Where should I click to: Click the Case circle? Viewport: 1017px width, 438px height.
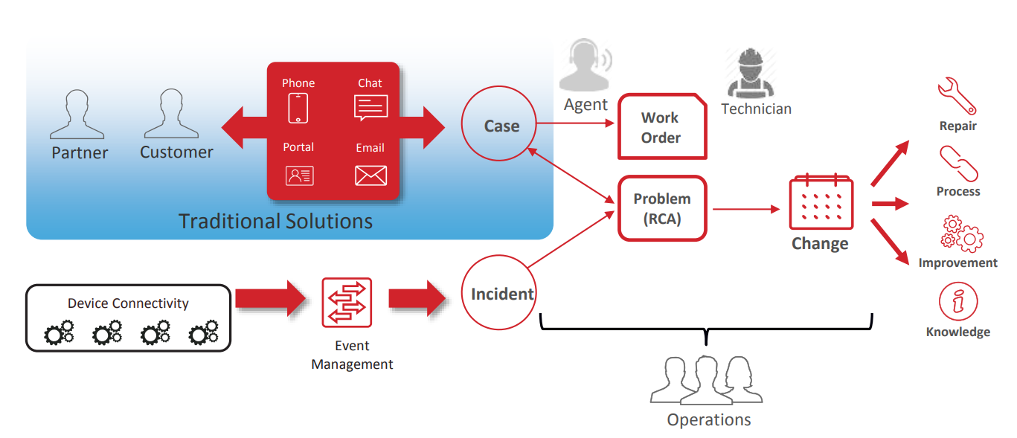coord(501,126)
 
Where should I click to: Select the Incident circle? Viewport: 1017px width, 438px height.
coord(501,294)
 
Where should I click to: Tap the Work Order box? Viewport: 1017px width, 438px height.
coord(661,127)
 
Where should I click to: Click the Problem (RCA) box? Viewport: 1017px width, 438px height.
coord(661,209)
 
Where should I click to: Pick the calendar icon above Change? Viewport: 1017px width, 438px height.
coord(821,202)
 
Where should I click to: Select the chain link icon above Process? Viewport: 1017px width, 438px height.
coord(957,164)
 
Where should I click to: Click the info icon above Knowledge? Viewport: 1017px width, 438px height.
coord(958,302)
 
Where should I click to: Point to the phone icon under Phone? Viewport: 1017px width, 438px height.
coord(298,108)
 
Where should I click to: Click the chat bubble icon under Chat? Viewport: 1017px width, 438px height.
coord(370,109)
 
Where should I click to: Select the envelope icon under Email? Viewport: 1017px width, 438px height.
coord(370,175)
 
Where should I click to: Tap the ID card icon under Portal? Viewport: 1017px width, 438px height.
coord(299,175)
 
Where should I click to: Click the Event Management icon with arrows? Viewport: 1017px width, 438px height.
coord(347,303)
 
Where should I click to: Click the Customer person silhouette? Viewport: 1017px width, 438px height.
coord(172,115)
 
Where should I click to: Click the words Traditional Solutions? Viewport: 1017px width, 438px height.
coord(275,221)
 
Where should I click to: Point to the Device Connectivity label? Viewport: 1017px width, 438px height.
coord(128,303)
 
